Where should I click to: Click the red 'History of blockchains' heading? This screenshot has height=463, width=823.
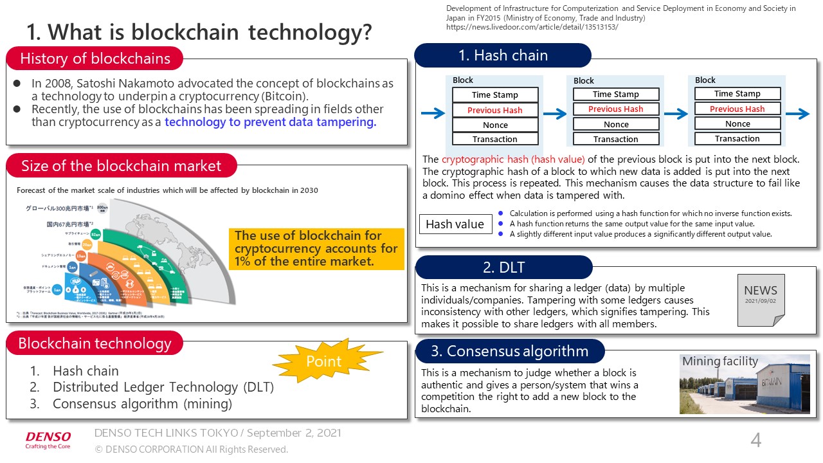click(95, 59)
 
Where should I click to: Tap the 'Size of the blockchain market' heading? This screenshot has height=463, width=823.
click(121, 166)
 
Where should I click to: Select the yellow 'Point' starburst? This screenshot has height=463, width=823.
click(324, 361)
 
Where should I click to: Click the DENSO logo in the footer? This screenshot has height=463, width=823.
click(48, 440)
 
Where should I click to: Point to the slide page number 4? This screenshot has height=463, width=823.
click(756, 440)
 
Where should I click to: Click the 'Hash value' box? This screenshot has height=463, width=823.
click(455, 224)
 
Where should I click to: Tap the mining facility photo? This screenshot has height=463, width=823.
click(745, 384)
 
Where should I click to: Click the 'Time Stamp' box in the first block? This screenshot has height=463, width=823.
click(494, 95)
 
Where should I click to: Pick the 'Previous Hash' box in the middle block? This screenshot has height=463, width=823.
click(615, 109)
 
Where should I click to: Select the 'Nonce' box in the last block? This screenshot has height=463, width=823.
click(737, 123)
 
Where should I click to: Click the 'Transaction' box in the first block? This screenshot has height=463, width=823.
click(494, 139)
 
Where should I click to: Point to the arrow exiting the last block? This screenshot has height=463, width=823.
click(798, 114)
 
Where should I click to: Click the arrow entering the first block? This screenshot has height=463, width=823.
click(433, 114)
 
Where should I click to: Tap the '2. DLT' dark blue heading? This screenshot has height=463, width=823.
click(503, 268)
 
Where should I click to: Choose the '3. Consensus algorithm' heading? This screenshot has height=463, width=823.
click(510, 351)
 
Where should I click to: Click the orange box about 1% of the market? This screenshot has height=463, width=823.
click(316, 248)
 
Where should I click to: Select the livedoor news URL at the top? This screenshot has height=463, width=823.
click(532, 28)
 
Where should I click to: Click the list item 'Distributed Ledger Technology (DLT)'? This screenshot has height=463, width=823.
click(163, 387)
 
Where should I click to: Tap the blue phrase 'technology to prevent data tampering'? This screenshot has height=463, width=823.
click(270, 122)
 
